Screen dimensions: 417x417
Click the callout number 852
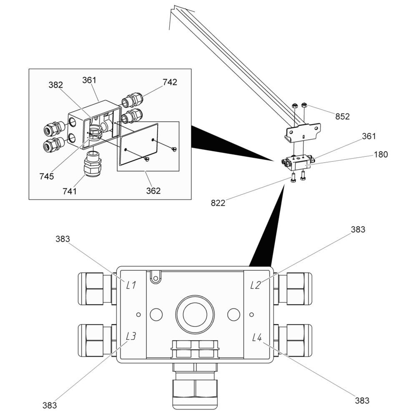pos(342,116)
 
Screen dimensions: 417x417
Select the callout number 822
pos(218,203)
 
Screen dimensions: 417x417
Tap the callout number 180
pos(381,155)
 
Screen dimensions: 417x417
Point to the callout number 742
pos(170,82)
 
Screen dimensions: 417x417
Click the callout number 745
pos(47,176)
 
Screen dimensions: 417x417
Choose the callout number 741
pos(69,191)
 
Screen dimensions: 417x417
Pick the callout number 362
pos(153,191)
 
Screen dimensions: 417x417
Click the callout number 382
pos(55,85)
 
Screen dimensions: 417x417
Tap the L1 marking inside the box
pos(131,285)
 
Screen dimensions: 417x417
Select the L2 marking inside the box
pos(256,285)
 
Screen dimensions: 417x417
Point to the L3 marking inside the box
pos(131,336)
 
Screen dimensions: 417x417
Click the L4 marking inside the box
pos(257,337)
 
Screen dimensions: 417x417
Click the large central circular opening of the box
pos(195,314)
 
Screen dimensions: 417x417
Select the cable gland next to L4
pos(293,340)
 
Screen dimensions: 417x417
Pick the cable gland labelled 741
pos(93,164)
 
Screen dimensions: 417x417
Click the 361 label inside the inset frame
pos(89,80)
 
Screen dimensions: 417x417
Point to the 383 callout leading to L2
pos(358,229)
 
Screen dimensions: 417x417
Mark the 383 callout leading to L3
pos(50,405)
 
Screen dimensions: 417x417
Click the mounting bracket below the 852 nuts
pos(302,132)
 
